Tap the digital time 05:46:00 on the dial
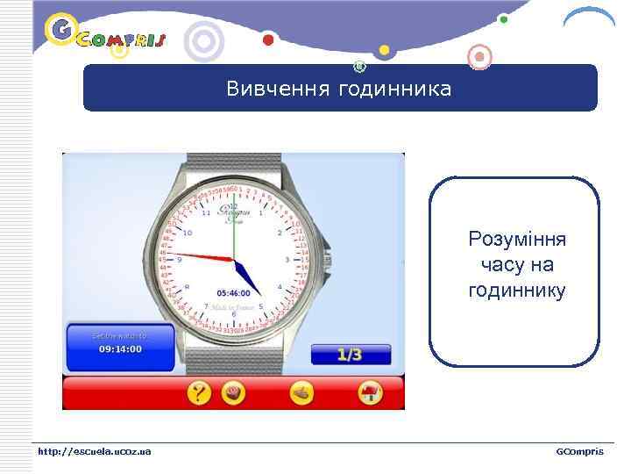tap(233, 293)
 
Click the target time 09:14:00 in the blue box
tap(120, 348)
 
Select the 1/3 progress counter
tap(349, 355)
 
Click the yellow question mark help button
tap(199, 393)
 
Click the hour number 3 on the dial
tap(287, 260)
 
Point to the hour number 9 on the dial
tap(179, 259)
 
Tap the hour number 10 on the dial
tap(187, 233)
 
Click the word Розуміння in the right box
tap(517, 240)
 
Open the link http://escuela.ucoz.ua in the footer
tap(94, 451)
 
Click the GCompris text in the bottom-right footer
tap(579, 451)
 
